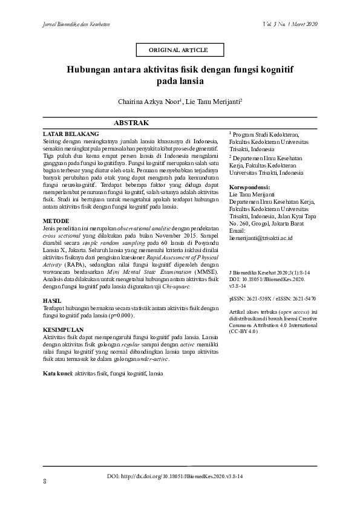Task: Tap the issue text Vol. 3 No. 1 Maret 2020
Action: click(x=291, y=24)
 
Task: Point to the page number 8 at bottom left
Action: click(x=45, y=482)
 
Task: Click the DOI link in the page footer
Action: click(x=175, y=477)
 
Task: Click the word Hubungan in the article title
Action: click(x=88, y=70)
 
